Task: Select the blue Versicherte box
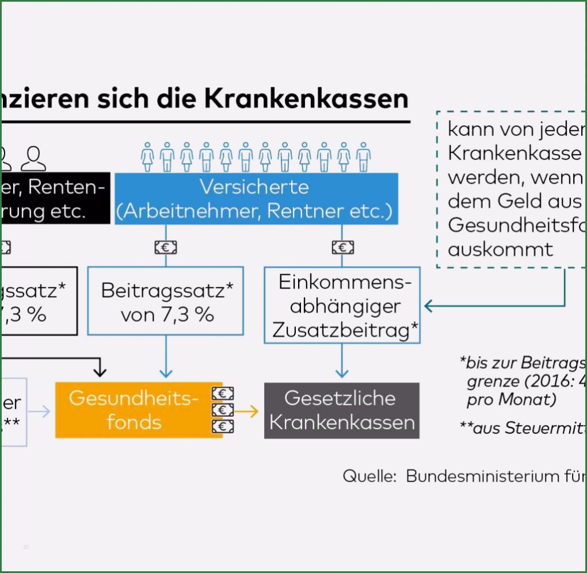click(x=253, y=199)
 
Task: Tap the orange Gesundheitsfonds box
click(x=134, y=410)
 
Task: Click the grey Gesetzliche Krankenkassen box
click(x=342, y=410)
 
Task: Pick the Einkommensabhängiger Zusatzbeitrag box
click(x=342, y=306)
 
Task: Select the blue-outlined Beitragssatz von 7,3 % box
click(x=166, y=301)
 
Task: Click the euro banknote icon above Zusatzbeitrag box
click(x=342, y=248)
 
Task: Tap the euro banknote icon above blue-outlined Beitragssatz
click(x=166, y=248)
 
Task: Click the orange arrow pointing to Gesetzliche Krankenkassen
click(x=248, y=411)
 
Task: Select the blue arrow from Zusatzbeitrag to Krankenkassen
click(x=342, y=362)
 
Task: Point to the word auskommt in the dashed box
click(x=500, y=249)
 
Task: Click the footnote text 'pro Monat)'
click(x=511, y=399)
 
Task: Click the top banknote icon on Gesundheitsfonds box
click(x=223, y=394)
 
